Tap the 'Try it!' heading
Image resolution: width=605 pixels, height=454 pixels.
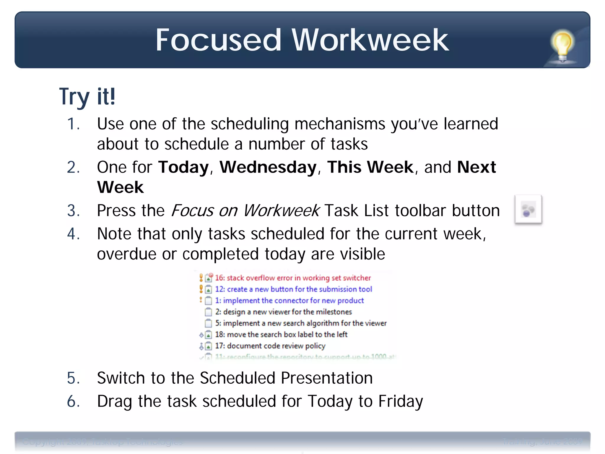pyautogui.click(x=87, y=96)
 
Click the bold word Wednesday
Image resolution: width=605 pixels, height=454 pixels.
pyautogui.click(x=268, y=167)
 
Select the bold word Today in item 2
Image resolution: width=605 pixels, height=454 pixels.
pyautogui.click(x=183, y=167)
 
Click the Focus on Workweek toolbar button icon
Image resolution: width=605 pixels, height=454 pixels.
pyautogui.click(x=528, y=209)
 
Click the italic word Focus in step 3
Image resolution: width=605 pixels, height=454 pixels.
pyautogui.click(x=192, y=211)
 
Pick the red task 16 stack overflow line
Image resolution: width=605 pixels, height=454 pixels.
pyautogui.click(x=292, y=278)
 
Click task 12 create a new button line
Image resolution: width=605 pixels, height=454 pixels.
pyautogui.click(x=293, y=289)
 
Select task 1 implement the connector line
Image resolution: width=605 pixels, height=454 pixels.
pyautogui.click(x=289, y=301)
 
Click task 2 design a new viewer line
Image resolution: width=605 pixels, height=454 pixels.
pyautogui.click(x=283, y=312)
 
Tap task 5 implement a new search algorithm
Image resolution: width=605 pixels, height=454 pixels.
pyautogui.click(x=301, y=323)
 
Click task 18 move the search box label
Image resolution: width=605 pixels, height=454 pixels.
pyautogui.click(x=281, y=334)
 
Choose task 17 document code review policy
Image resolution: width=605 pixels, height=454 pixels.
pyautogui.click(x=270, y=346)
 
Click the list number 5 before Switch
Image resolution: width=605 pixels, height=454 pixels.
pyautogui.click(x=73, y=378)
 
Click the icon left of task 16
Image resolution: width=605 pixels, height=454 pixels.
pyautogui.click(x=209, y=277)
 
